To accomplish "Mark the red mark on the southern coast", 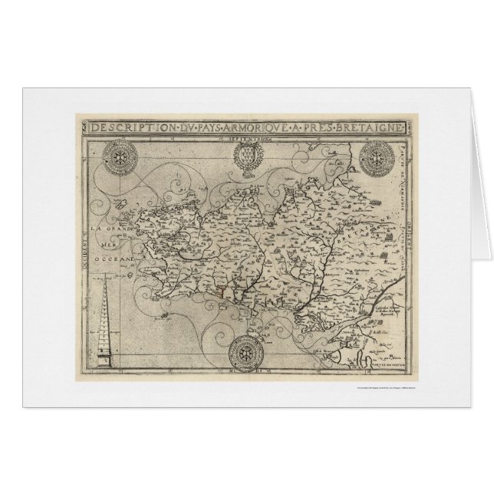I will pos(223,290).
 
